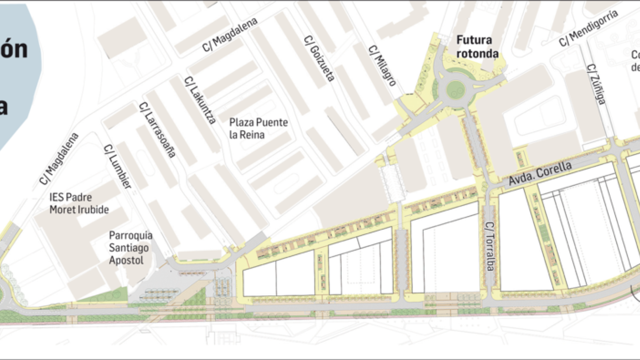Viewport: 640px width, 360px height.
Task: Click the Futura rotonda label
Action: [x=477, y=47]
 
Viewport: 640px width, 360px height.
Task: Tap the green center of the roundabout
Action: [x=456, y=89]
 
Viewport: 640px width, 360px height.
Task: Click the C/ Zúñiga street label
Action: [x=596, y=84]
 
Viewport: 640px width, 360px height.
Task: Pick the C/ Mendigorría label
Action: [x=589, y=28]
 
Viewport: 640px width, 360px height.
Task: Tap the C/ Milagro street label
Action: [x=382, y=66]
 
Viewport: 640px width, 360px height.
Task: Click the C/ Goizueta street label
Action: [x=319, y=59]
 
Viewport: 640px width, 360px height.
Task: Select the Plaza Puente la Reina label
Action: [x=258, y=128]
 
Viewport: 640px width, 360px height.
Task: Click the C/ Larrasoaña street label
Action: [x=157, y=130]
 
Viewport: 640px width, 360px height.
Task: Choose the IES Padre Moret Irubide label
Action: [x=79, y=203]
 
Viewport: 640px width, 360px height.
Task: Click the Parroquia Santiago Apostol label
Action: [x=130, y=248]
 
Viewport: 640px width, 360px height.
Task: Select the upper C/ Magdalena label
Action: [x=230, y=34]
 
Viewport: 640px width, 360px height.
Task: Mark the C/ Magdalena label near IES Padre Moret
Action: [x=59, y=159]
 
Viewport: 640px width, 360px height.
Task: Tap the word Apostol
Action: [x=126, y=260]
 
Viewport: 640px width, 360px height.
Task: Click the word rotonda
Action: [x=477, y=54]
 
